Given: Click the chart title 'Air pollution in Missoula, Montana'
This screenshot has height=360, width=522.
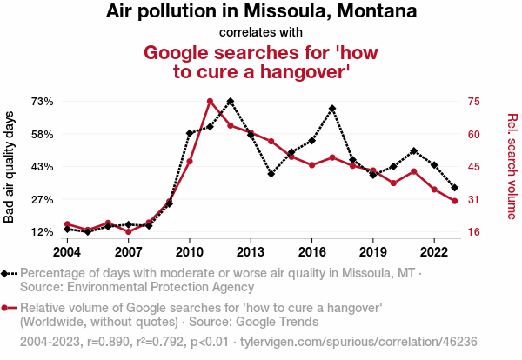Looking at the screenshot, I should pyautogui.click(x=261, y=12).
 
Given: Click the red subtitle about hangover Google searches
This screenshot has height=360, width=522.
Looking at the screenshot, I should pyautogui.click(x=261, y=62).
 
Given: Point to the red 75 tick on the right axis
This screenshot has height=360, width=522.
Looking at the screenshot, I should pyautogui.click(x=473, y=102).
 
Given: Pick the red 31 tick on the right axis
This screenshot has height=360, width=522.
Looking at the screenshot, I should pyautogui.click(x=473, y=200).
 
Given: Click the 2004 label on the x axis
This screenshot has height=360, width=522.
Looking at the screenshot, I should pyautogui.click(x=67, y=251).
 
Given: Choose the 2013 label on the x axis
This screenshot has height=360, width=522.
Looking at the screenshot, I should pyautogui.click(x=251, y=251).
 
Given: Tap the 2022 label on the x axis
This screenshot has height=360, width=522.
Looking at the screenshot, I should pyautogui.click(x=434, y=251).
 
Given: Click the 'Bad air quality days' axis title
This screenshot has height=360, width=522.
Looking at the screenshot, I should pyautogui.click(x=10, y=166).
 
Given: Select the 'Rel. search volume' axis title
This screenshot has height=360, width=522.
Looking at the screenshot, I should pyautogui.click(x=512, y=166).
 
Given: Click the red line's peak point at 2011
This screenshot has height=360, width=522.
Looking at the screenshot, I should pyautogui.click(x=210, y=102).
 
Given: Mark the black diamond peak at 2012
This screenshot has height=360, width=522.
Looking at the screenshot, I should pyautogui.click(x=231, y=102).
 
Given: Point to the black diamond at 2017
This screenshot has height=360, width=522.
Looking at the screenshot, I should pyautogui.click(x=332, y=109).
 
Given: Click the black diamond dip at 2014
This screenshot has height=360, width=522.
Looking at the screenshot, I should pyautogui.click(x=271, y=174).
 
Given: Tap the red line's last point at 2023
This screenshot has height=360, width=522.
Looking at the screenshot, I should pyautogui.click(x=455, y=202).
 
